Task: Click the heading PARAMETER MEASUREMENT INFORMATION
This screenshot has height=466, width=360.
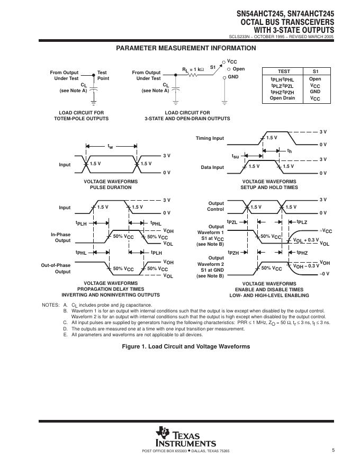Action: pyautogui.click(x=186, y=48)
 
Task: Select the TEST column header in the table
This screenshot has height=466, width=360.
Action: pyautogui.click(x=284, y=71)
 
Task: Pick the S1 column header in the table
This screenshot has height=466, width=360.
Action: pyautogui.click(x=316, y=71)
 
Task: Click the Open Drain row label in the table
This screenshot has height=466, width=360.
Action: pyautogui.click(x=282, y=98)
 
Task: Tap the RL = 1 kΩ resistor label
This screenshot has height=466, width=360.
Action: pyautogui.click(x=193, y=69)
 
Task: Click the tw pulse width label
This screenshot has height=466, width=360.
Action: pyautogui.click(x=110, y=146)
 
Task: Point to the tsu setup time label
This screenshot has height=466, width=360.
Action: pyautogui.click(x=236, y=156)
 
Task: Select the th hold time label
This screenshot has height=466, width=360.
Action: pyautogui.click(x=290, y=151)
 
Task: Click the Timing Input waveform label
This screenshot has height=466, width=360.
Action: pyautogui.click(x=210, y=138)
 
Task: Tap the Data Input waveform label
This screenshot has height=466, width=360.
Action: pyautogui.click(x=212, y=167)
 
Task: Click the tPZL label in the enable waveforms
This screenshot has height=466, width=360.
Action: pyautogui.click(x=232, y=222)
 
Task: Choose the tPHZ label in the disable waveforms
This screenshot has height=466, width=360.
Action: pyautogui.click(x=302, y=253)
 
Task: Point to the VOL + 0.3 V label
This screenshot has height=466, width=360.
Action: pyautogui.click(x=306, y=240)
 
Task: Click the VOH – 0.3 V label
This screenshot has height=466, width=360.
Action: pyautogui.click(x=307, y=266)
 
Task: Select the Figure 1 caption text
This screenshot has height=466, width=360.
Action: pyautogui.click(x=186, y=346)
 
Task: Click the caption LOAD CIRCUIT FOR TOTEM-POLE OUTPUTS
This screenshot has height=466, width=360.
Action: pyautogui.click(x=82, y=115)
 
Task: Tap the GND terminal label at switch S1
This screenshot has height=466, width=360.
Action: pyautogui.click(x=233, y=77)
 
